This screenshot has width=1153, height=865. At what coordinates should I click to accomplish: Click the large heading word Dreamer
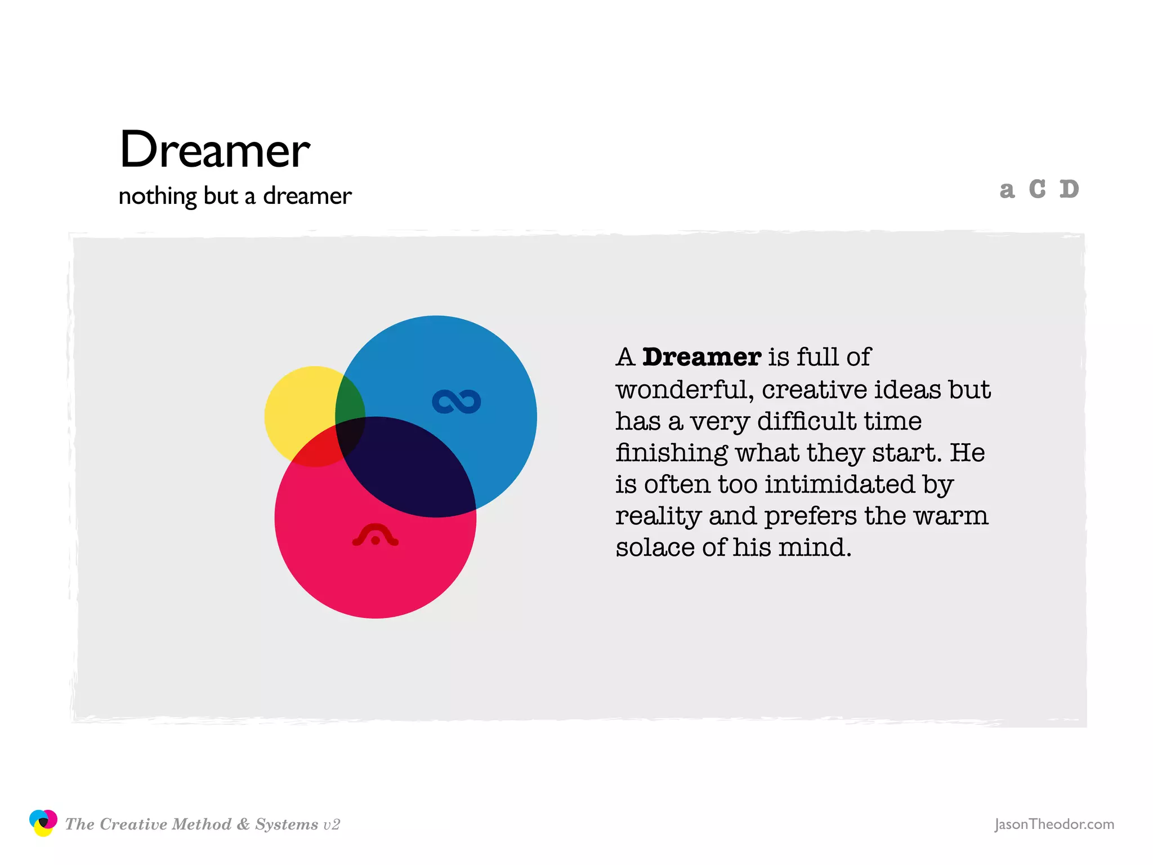[x=214, y=150]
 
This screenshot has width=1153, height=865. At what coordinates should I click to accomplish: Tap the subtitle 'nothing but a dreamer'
[x=235, y=196]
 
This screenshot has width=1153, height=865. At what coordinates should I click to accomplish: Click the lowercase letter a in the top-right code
[x=1007, y=190]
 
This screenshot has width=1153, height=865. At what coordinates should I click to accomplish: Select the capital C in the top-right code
[x=1037, y=189]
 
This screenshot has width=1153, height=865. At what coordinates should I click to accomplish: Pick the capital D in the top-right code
[x=1069, y=189]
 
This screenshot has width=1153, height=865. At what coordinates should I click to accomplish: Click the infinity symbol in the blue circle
[x=456, y=402]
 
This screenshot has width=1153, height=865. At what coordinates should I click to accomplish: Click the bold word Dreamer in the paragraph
[x=701, y=357]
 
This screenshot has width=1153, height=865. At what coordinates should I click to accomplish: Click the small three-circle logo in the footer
[x=43, y=823]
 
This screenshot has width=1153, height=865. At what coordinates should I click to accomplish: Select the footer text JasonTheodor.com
[x=1054, y=824]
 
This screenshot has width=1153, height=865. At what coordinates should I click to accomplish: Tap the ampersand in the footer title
[x=243, y=824]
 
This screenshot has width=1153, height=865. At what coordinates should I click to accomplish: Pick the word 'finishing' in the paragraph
[x=672, y=453]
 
